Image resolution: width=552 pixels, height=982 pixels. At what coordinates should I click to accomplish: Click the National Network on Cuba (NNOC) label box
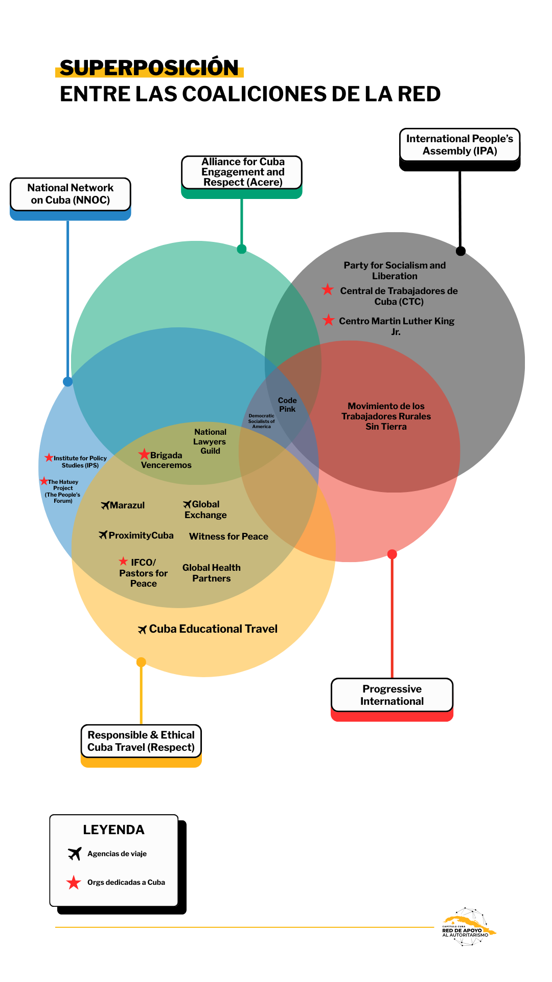click(71, 194)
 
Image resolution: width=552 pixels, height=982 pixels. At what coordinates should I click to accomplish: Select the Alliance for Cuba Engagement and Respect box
click(242, 172)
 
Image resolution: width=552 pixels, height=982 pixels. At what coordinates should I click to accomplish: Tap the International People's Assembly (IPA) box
click(459, 145)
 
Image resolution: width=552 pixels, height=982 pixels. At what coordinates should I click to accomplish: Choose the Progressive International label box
click(392, 695)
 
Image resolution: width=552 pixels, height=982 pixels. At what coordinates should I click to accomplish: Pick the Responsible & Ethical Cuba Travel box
click(141, 741)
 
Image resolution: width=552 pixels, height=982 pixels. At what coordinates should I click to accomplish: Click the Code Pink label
click(287, 405)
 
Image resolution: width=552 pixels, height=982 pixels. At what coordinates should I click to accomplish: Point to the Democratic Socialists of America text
click(261, 421)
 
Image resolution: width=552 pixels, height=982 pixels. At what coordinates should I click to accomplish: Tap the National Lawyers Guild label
click(210, 441)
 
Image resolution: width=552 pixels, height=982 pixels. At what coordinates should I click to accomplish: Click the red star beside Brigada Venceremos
click(144, 454)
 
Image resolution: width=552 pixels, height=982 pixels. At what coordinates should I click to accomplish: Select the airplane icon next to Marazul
click(105, 505)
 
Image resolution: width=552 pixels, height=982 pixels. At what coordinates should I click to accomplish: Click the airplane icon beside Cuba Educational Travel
click(143, 630)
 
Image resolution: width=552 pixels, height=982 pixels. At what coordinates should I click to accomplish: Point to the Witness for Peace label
click(228, 537)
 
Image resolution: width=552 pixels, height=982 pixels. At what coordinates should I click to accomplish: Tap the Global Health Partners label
click(212, 573)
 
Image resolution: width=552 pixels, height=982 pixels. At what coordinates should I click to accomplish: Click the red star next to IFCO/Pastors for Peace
click(123, 561)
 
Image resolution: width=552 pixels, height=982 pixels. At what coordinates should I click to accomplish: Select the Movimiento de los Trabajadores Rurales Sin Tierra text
click(386, 416)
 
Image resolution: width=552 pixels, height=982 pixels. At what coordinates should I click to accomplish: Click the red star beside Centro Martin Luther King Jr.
click(329, 320)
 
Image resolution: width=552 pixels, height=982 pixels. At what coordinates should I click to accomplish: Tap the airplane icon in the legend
click(75, 854)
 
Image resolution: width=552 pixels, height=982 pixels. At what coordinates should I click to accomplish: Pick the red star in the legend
click(74, 882)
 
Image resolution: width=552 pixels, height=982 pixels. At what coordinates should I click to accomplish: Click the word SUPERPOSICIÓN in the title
click(149, 68)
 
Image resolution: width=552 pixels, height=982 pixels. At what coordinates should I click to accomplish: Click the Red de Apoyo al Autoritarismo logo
click(468, 927)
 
